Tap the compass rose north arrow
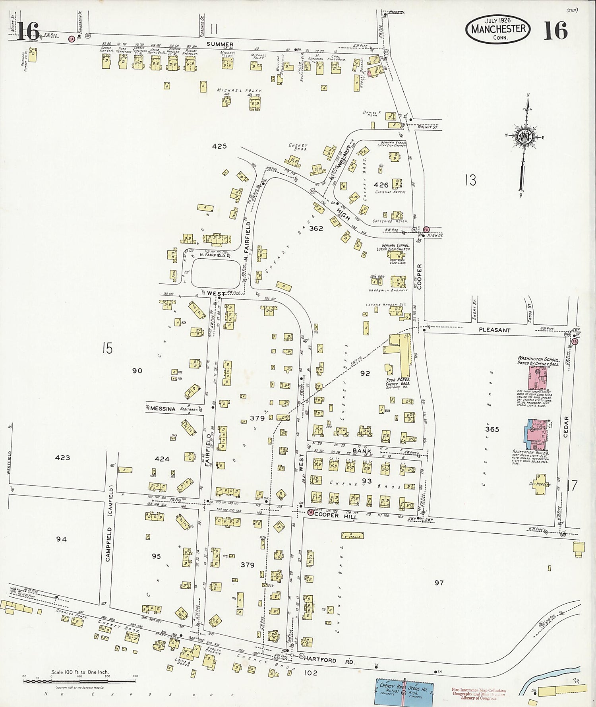coord(526,137)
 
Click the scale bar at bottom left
coord(79,682)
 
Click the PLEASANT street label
coord(494,330)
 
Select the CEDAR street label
coord(566,427)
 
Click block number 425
coord(219,146)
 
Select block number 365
coord(492,429)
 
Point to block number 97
coord(439,583)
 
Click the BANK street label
coord(362,451)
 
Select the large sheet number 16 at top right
coord(555,31)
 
